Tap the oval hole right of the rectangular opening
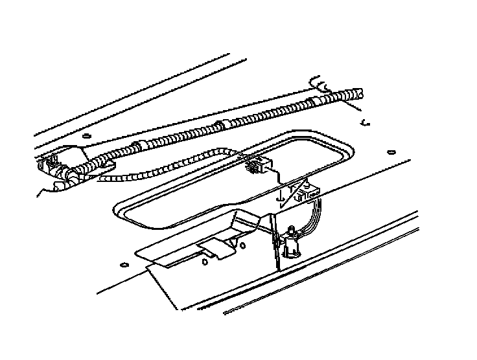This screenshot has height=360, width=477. pyautogui.click(x=390, y=153)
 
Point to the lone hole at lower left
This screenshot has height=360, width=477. pyautogui.click(x=122, y=264)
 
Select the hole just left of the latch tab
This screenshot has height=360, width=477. pyautogui.click(x=204, y=262)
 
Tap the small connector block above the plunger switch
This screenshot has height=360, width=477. pyautogui.click(x=303, y=192)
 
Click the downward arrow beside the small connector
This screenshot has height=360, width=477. pyautogui.click(x=279, y=195)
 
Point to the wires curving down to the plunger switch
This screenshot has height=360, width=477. pyautogui.click(x=315, y=214)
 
